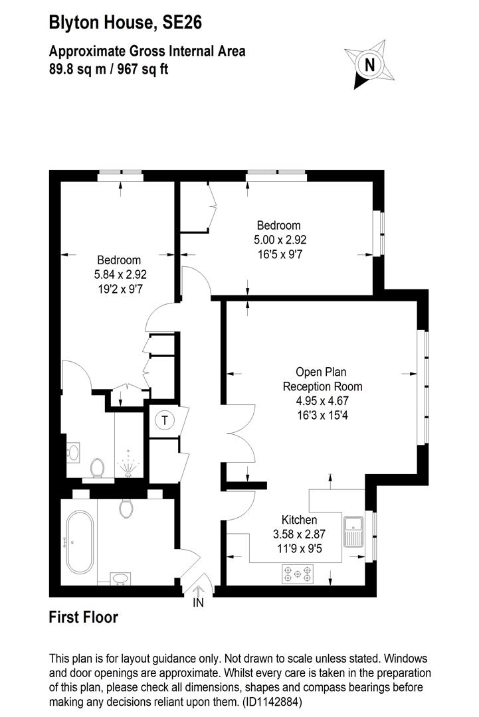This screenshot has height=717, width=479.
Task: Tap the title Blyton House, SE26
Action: pyautogui.click(x=126, y=24)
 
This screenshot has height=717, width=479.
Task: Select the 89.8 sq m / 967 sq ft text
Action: pyautogui.click(x=108, y=68)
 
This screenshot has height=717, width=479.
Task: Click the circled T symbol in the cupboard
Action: pyautogui.click(x=163, y=420)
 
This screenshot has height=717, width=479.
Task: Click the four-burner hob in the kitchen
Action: pyautogui.click(x=297, y=573)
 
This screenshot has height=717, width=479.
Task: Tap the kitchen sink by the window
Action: pyautogui.click(x=353, y=529)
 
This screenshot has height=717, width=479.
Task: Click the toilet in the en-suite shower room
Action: pyautogui.click(x=97, y=468)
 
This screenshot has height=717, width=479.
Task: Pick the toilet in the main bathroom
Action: pyautogui.click(x=126, y=509)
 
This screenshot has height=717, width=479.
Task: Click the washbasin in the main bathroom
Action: pyautogui.click(x=120, y=578)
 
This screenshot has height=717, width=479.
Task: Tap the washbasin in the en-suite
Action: pyautogui.click(x=74, y=452)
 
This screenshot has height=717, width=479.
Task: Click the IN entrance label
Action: pyautogui.click(x=198, y=603)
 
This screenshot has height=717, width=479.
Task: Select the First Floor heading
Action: pyautogui.click(x=84, y=617)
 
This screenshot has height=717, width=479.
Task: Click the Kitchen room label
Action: pyautogui.click(x=299, y=520)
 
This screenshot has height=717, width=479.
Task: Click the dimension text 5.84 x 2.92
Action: pyautogui.click(x=120, y=274)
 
